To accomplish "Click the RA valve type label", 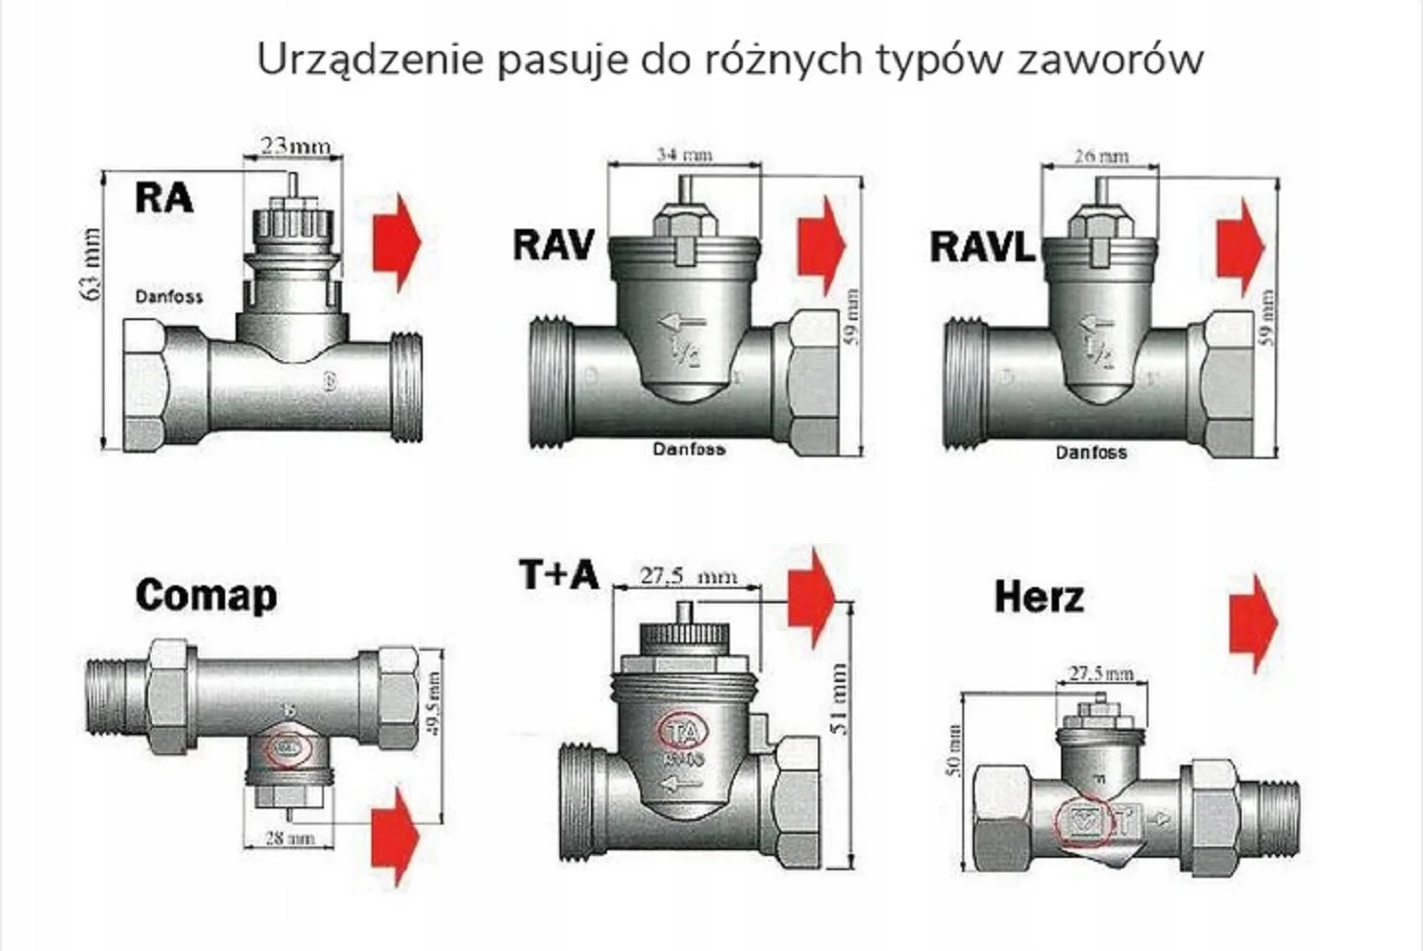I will (x=164, y=198).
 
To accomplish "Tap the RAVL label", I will (x=981, y=247).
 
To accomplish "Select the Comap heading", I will (x=206, y=596).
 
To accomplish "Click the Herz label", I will (x=1038, y=598).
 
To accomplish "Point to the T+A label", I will (x=559, y=575).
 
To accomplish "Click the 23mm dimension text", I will (x=295, y=145).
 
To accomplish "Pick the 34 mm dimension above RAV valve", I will (x=684, y=154).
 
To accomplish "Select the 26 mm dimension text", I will (x=1102, y=156).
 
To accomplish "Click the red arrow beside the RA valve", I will (x=396, y=242).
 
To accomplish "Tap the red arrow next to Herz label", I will (x=1253, y=622).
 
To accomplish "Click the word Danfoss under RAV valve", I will (x=689, y=448).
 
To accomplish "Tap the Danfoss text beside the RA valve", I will (x=168, y=296).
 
